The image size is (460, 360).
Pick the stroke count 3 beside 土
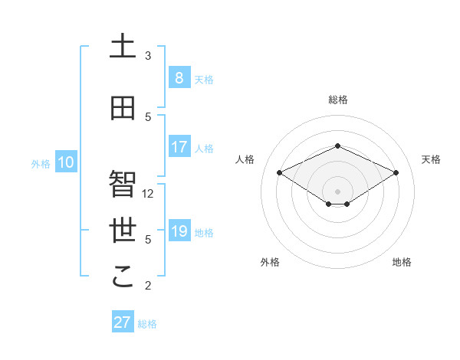click(x=148, y=56)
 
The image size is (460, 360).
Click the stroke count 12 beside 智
click(x=149, y=194)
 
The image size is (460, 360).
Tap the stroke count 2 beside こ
click(x=148, y=286)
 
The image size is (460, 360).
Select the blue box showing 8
click(x=179, y=77)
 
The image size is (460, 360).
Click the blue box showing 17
click(x=179, y=147)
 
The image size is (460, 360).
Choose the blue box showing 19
click(x=179, y=231)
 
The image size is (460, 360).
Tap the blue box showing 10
click(x=66, y=162)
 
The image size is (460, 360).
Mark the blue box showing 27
click(x=123, y=322)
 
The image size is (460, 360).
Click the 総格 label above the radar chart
click(x=338, y=100)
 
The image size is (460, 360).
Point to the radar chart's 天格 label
click(x=432, y=159)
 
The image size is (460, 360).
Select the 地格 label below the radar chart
click(x=402, y=263)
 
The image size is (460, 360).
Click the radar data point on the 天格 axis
click(x=396, y=172)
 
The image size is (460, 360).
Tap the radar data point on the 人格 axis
click(x=279, y=172)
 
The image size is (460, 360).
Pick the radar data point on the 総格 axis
click(x=337, y=146)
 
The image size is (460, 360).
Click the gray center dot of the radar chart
click(x=337, y=191)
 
